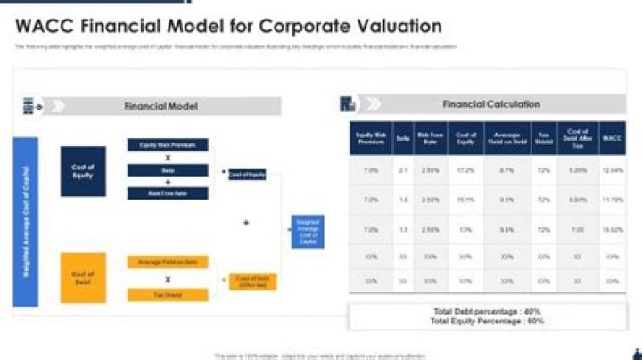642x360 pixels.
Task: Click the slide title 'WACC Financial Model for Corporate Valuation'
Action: pyautogui.click(x=228, y=26)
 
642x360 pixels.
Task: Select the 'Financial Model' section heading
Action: pyautogui.click(x=160, y=106)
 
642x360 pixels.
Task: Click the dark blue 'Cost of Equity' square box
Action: pyautogui.click(x=83, y=171)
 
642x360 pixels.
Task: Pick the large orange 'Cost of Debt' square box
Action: pyautogui.click(x=83, y=277)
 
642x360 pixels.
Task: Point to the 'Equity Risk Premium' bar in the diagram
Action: pyautogui.click(x=168, y=144)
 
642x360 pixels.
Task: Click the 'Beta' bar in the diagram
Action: pyautogui.click(x=168, y=169)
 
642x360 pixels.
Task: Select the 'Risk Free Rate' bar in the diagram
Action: pyautogui.click(x=168, y=193)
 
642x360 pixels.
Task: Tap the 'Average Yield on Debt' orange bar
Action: pyautogui.click(x=168, y=262)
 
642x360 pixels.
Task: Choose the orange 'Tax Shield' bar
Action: pyautogui.click(x=168, y=293)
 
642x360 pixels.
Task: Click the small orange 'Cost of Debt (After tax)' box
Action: pyautogui.click(x=253, y=281)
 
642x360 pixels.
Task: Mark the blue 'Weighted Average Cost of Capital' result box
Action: pyautogui.click(x=309, y=231)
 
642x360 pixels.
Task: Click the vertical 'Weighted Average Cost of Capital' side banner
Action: pyautogui.click(x=26, y=221)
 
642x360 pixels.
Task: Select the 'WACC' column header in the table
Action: pyautogui.click(x=612, y=138)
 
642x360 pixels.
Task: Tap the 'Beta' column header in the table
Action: pyautogui.click(x=403, y=138)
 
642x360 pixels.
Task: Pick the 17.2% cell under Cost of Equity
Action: pyautogui.click(x=465, y=169)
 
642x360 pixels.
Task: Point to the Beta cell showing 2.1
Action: pyautogui.click(x=403, y=169)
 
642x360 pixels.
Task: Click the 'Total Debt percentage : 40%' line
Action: pyautogui.click(x=486, y=312)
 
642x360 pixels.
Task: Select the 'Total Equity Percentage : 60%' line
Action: pyautogui.click(x=486, y=321)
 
